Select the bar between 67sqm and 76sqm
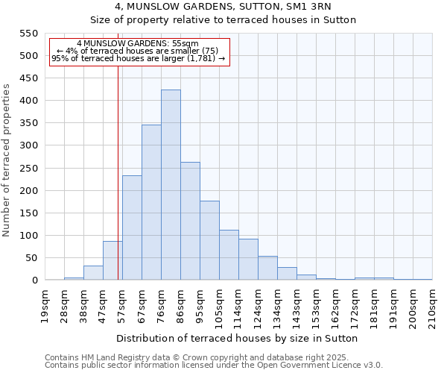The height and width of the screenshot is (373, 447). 151,202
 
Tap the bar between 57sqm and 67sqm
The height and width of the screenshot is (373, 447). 132,228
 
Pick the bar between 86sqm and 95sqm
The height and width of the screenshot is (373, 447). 190,221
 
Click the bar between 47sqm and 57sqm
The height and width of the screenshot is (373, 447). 112,260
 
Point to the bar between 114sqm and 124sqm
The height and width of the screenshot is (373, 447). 248,260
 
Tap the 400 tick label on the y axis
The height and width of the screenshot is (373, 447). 28,101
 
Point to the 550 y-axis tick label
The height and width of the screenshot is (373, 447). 28,34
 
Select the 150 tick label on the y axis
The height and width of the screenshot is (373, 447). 28,213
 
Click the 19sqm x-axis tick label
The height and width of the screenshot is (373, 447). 45,304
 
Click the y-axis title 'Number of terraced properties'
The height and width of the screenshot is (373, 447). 7,160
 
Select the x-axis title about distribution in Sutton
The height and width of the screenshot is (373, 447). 238,338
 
